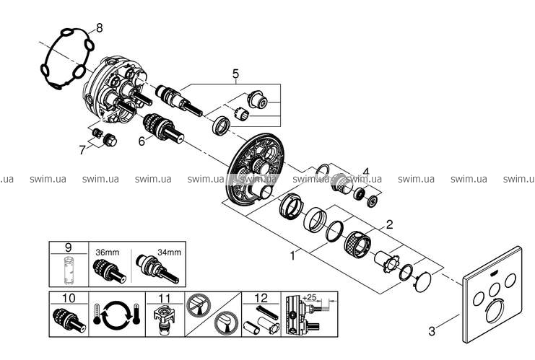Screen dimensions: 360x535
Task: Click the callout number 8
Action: (100, 28)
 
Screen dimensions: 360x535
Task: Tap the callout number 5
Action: (235, 73)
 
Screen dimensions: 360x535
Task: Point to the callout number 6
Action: (142, 142)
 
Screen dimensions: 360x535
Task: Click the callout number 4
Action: (366, 172)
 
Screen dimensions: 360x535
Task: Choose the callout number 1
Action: (293, 255)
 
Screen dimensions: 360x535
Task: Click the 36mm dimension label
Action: (107, 253)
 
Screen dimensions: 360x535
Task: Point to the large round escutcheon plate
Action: (256, 174)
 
